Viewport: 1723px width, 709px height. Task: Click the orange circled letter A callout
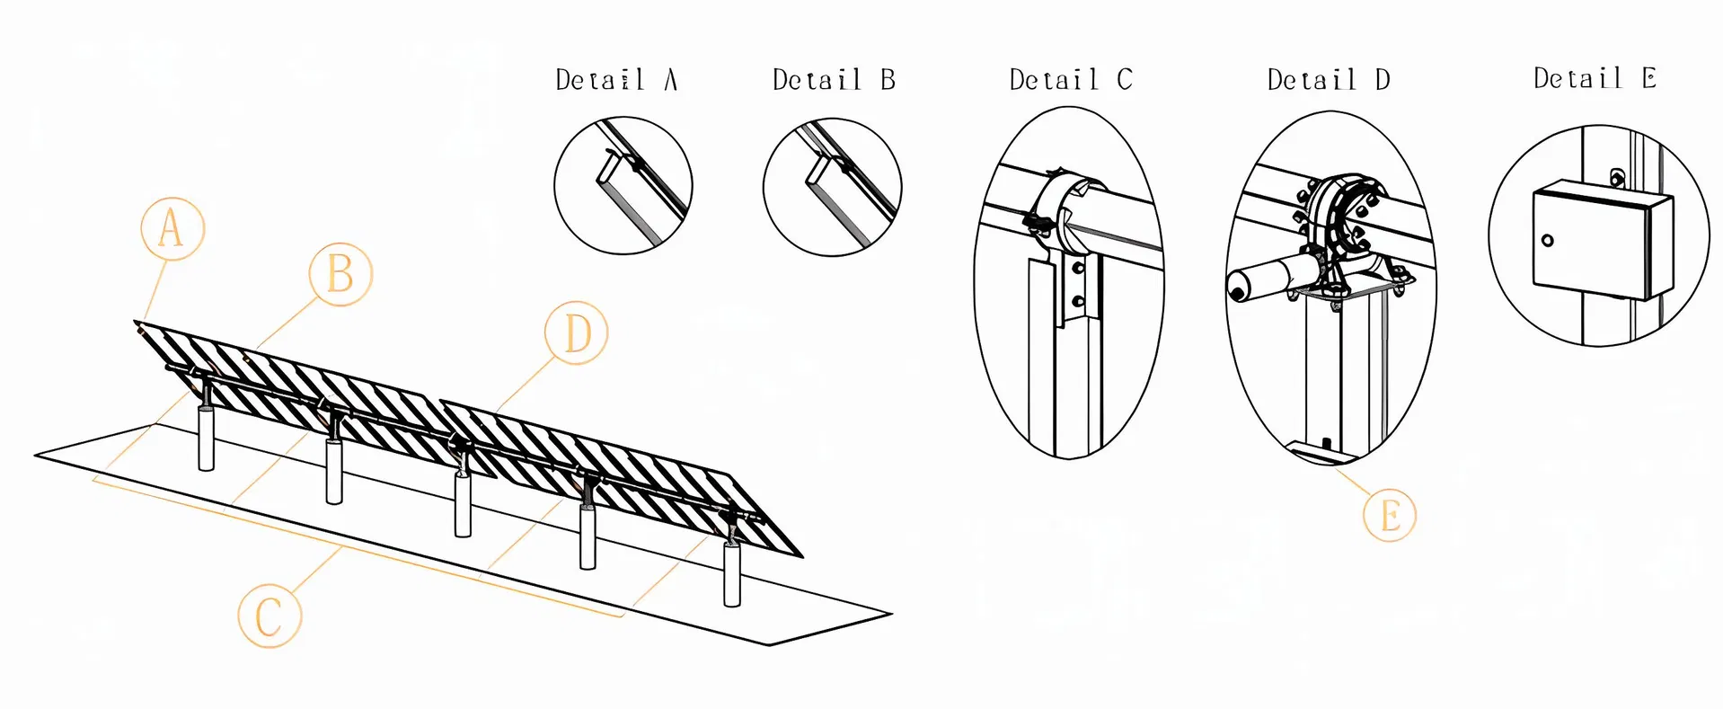pos(172,228)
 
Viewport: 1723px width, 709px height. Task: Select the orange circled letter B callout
pos(340,273)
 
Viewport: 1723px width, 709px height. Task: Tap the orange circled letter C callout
pos(269,616)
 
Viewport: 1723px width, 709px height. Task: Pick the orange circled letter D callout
pos(576,332)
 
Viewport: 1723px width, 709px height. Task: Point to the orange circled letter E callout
pos(1389,516)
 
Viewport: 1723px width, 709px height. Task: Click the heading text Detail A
pos(616,80)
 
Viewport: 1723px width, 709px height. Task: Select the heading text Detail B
pos(834,80)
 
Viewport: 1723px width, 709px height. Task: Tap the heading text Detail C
pos(1070,80)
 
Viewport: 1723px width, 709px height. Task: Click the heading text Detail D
pos(1329,80)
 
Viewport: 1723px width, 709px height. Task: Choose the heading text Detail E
pos(1595,79)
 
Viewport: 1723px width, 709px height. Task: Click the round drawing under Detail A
pos(623,185)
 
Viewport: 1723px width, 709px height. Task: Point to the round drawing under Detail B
pos(832,186)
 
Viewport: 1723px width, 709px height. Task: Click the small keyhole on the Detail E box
pos(1547,240)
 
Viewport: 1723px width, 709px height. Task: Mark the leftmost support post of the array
pos(206,438)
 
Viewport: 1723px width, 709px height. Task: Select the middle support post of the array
pos(463,504)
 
